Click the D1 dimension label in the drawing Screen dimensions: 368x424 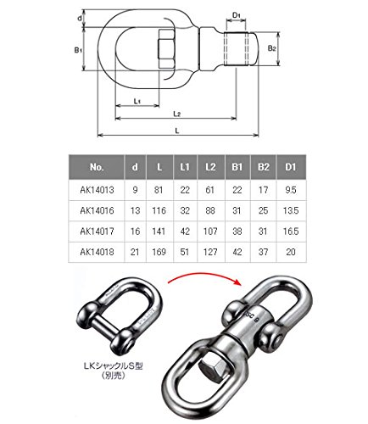pos(236,15)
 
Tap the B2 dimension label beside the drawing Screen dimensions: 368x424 pos(271,48)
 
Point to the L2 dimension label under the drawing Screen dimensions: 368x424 pos(177,114)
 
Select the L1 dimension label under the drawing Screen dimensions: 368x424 pos(137,101)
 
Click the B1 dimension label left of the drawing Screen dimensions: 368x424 pos(78,50)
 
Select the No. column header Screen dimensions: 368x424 pos(97,167)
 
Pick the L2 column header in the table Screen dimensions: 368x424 pos(211,167)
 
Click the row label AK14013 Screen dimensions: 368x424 pos(97,190)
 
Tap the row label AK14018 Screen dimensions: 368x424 pos(97,252)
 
